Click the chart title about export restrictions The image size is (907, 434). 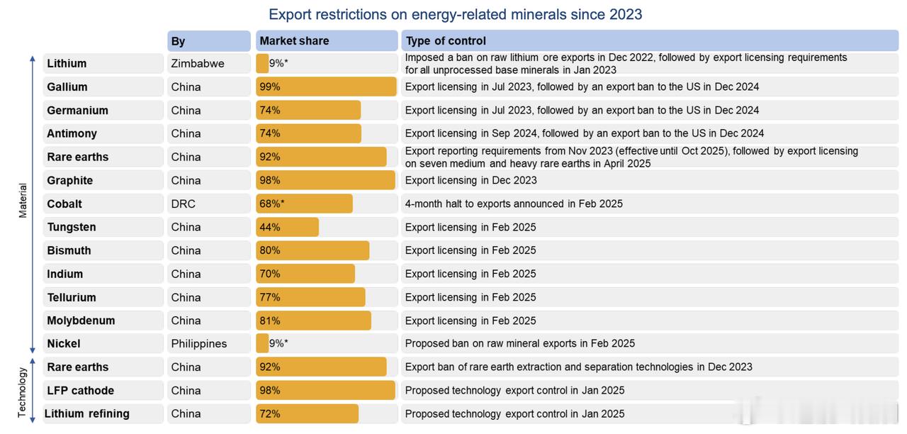tap(455, 14)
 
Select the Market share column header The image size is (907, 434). tap(294, 40)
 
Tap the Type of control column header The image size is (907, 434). tap(446, 40)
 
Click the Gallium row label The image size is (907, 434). tap(67, 87)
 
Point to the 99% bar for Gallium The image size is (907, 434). tap(326, 87)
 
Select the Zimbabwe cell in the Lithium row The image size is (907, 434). tap(198, 63)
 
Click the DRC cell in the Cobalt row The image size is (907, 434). tap(183, 204)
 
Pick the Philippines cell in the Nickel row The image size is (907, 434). tap(199, 343)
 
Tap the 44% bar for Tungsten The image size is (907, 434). tap(287, 227)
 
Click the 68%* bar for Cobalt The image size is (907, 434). tap(304, 204)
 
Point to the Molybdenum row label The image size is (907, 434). tap(81, 321)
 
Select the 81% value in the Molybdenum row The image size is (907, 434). tap(270, 321)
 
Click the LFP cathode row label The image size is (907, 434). tap(80, 390)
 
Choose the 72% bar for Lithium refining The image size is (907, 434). tap(307, 413)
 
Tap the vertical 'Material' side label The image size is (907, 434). tap(23, 201)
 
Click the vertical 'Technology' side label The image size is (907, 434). tap(23, 392)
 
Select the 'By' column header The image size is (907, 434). tap(178, 41)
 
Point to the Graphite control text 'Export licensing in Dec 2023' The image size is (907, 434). tap(471, 180)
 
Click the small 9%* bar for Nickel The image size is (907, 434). tap(262, 343)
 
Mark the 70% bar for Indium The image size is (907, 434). tap(305, 274)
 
